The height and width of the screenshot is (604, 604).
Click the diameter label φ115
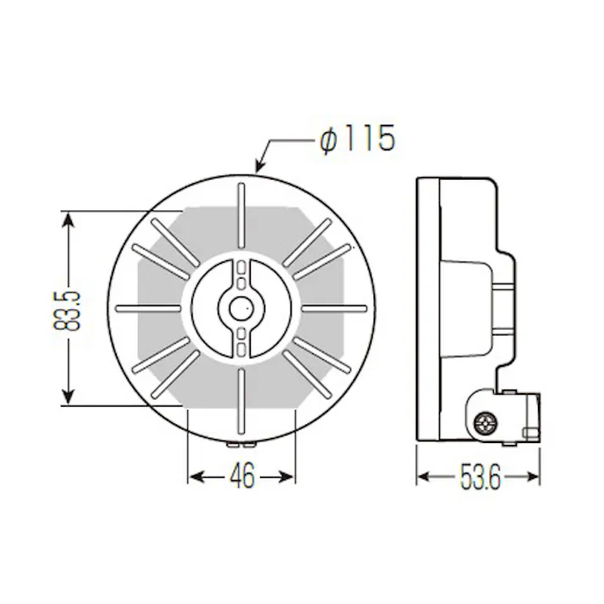tap(357, 140)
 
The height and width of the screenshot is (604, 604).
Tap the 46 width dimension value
tap(241, 477)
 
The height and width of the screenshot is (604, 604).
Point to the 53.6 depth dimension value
tap(479, 477)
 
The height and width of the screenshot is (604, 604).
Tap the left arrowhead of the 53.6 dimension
tap(423, 477)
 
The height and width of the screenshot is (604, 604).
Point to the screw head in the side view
tap(486, 421)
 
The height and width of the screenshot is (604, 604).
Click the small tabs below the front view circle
tap(241, 442)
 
